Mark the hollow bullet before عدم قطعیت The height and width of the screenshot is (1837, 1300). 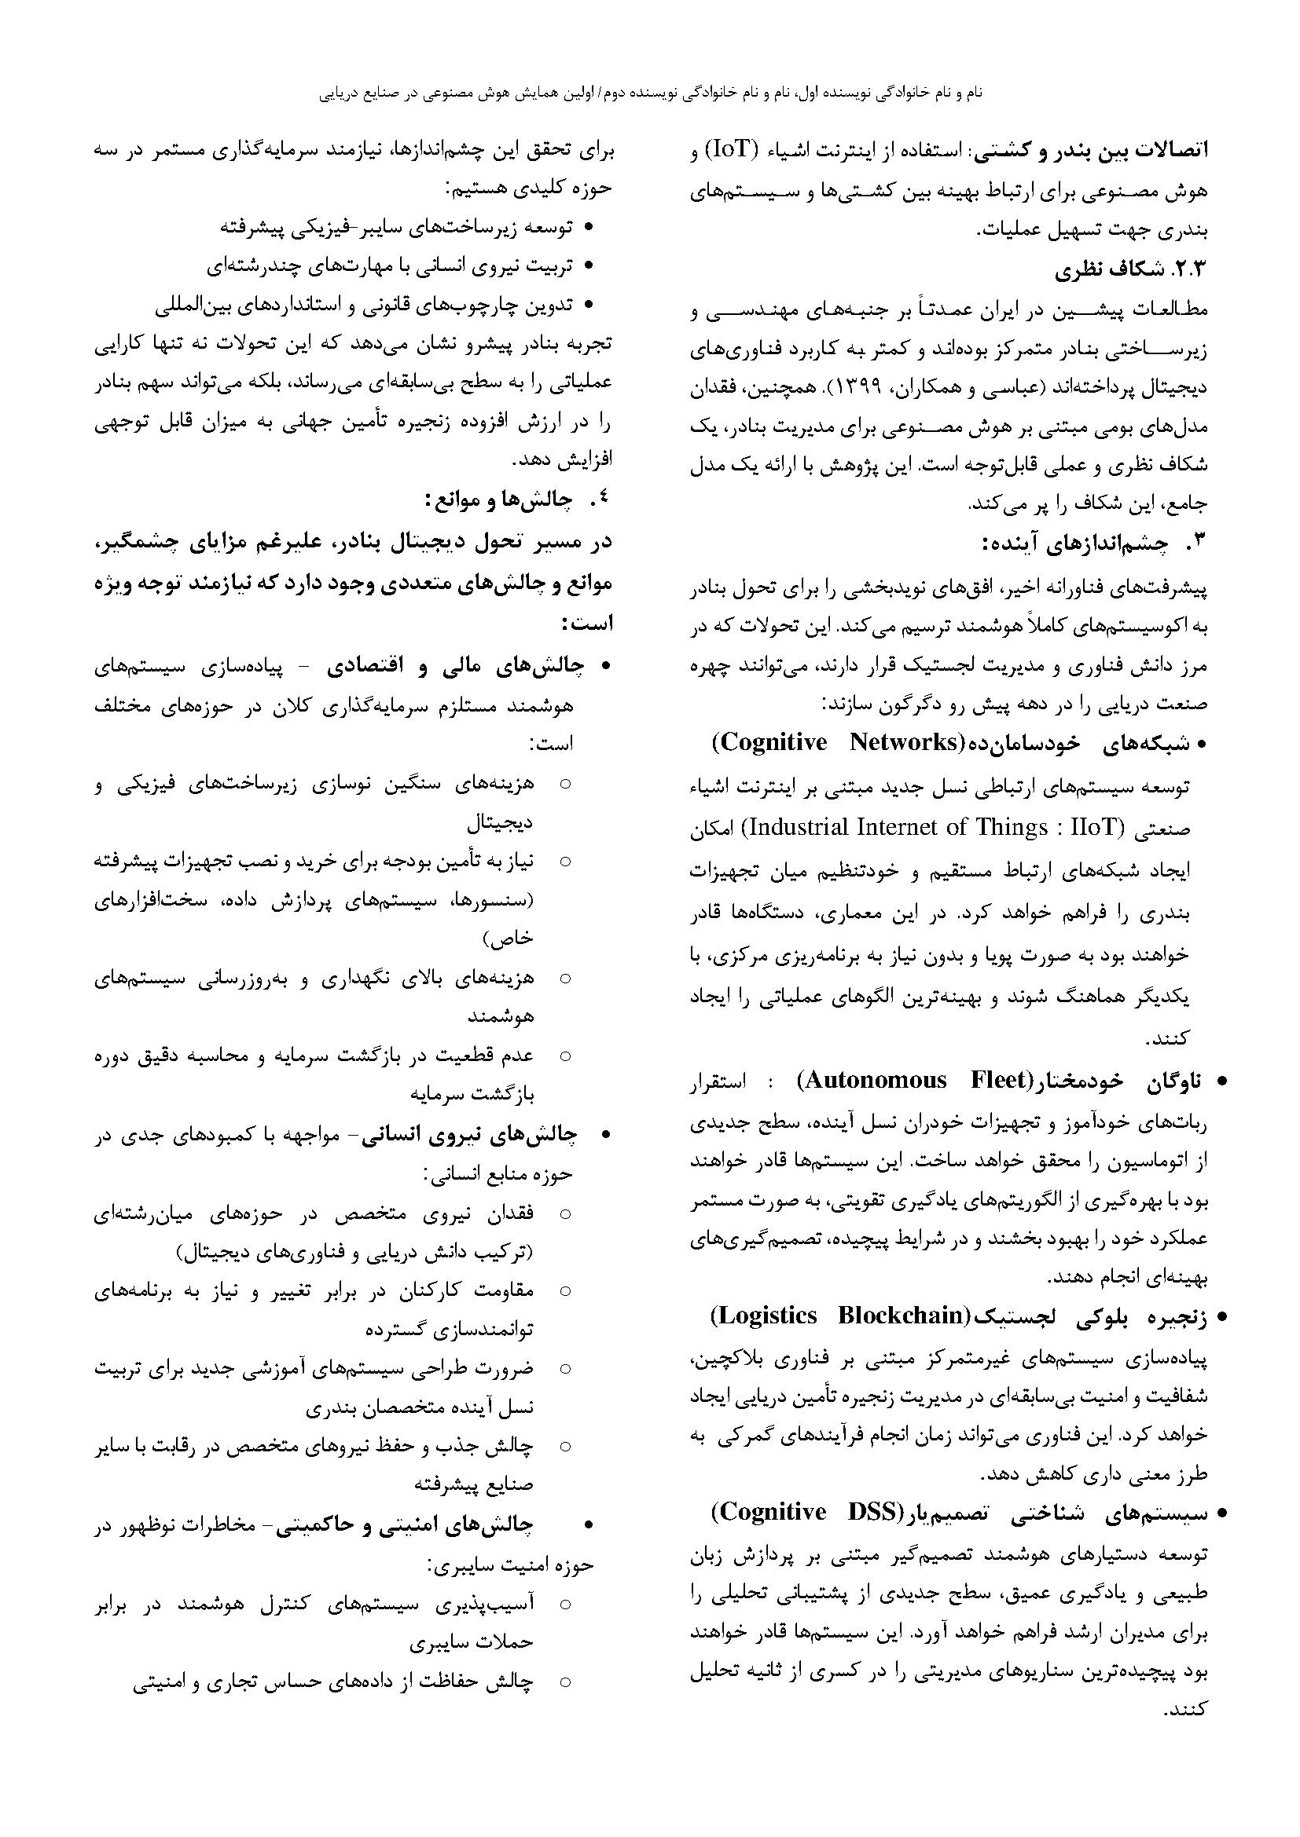click(x=565, y=1057)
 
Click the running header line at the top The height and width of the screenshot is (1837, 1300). click(x=650, y=93)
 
